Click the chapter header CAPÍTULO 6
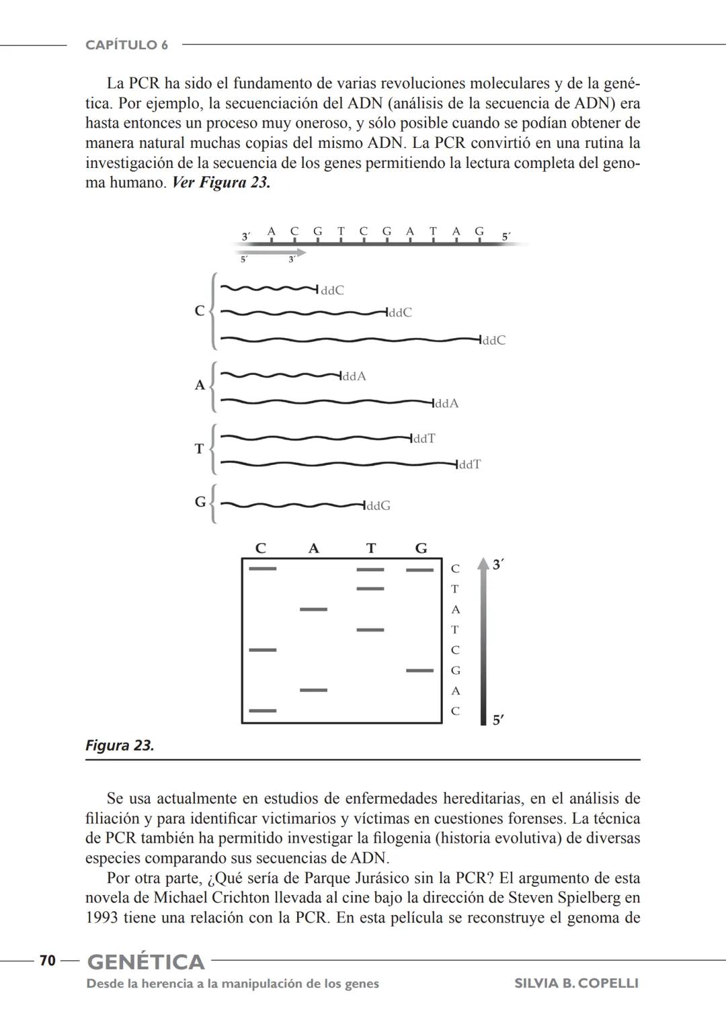coord(126,45)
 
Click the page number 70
coord(47,961)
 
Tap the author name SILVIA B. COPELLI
coord(576,983)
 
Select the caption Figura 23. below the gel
coord(120,745)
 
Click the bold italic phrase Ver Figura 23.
coord(221,183)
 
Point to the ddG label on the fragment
coord(378,506)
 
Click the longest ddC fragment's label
coord(494,341)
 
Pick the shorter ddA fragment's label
coord(354,376)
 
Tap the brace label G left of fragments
coord(200,502)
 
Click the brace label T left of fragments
coord(199,448)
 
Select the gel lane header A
coord(313,548)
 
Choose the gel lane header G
coord(421,548)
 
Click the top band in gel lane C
coord(262,568)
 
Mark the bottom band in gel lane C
coord(262,710)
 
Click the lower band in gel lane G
coord(419,670)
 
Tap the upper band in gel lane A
coord(313,609)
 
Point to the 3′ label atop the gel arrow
coord(498,565)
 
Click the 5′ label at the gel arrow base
coord(498,720)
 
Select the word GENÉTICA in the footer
coord(146,962)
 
